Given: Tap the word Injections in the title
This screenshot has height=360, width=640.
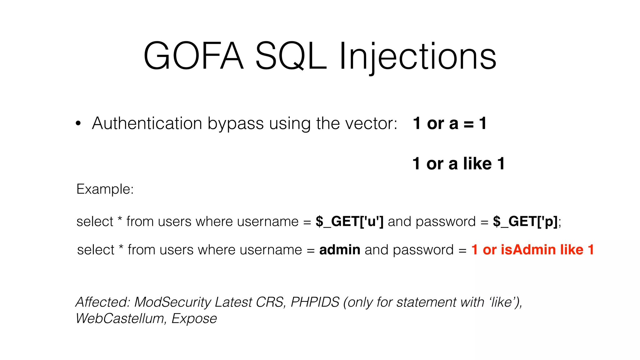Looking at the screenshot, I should tap(417, 56).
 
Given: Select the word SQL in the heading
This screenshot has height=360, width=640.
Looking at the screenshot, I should tap(291, 56).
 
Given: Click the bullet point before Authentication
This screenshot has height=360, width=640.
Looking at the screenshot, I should tap(78, 124).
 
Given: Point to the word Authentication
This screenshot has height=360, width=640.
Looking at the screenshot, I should tap(147, 123).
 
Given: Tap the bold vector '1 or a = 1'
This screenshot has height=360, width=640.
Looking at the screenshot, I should tap(449, 123).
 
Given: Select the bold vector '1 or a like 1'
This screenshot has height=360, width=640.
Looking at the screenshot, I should tap(458, 163).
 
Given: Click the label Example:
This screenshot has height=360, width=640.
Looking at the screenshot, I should tap(105, 189).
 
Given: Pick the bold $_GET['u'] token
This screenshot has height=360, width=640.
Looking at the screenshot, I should tap(349, 222).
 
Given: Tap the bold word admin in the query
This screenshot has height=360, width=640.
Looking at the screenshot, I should tap(340, 250).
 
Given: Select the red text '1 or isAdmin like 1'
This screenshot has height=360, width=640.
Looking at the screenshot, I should tap(532, 250).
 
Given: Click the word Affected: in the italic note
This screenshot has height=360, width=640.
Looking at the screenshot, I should tap(103, 302).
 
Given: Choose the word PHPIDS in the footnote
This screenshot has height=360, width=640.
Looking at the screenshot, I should tap(315, 302).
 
